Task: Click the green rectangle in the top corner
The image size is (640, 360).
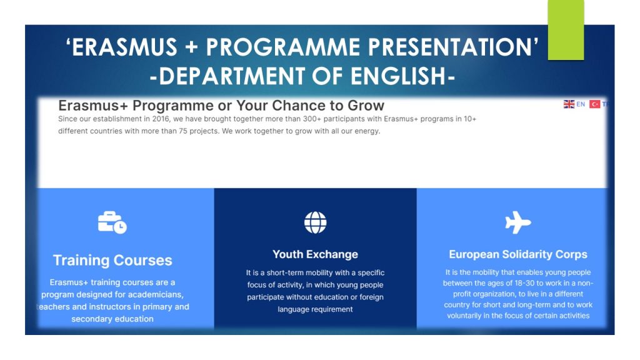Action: click(x=566, y=30)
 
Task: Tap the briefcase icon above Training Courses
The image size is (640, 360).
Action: click(x=112, y=222)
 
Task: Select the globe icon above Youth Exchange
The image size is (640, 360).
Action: click(x=316, y=222)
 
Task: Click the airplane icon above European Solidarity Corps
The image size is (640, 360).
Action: click(x=518, y=222)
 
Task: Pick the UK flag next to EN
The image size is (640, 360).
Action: click(x=569, y=104)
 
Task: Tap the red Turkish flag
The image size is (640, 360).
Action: click(x=595, y=104)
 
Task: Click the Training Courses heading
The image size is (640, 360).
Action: click(x=112, y=261)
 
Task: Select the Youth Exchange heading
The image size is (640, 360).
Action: click(x=315, y=254)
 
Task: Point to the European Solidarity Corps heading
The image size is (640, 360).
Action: click(x=518, y=254)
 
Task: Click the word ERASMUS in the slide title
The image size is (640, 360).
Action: click(x=124, y=47)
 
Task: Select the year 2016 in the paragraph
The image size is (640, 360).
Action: click(x=161, y=119)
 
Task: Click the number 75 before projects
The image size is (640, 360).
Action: click(x=183, y=131)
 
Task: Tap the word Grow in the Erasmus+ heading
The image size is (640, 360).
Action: click(x=366, y=106)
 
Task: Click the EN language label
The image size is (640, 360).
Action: click(x=581, y=104)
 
